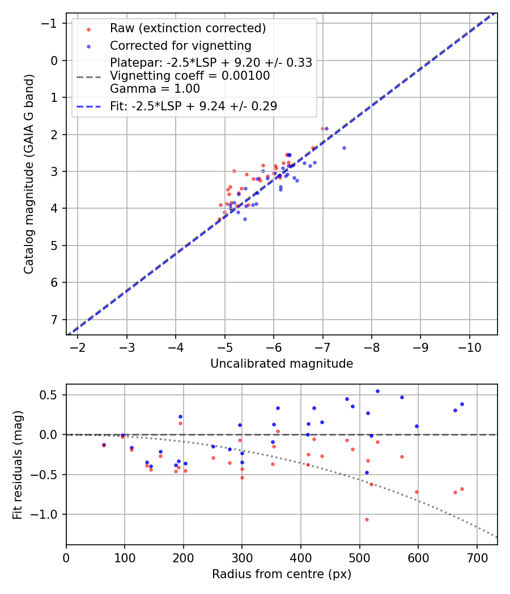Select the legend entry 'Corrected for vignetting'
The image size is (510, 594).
181,45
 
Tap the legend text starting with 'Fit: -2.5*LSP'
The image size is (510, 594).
193,106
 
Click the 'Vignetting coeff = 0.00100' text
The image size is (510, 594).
190,76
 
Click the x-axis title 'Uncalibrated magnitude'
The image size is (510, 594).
282,364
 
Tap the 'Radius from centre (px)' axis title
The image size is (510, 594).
282,574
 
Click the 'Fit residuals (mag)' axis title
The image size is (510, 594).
18,464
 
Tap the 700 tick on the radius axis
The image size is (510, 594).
477,557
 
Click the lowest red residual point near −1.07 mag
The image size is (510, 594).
367,519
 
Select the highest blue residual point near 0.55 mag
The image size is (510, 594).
377,391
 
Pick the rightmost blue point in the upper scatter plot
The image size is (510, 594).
344,148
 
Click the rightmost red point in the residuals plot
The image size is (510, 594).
462,489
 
